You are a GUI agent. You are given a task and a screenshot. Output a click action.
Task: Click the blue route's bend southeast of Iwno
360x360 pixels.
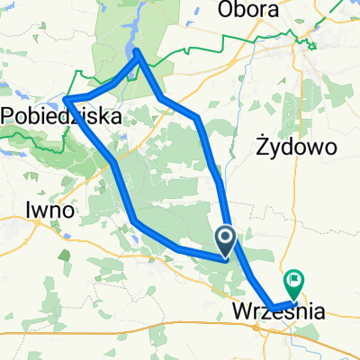click(x=134, y=220)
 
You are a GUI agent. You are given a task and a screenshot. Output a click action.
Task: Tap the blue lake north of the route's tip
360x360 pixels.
click(x=135, y=36)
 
